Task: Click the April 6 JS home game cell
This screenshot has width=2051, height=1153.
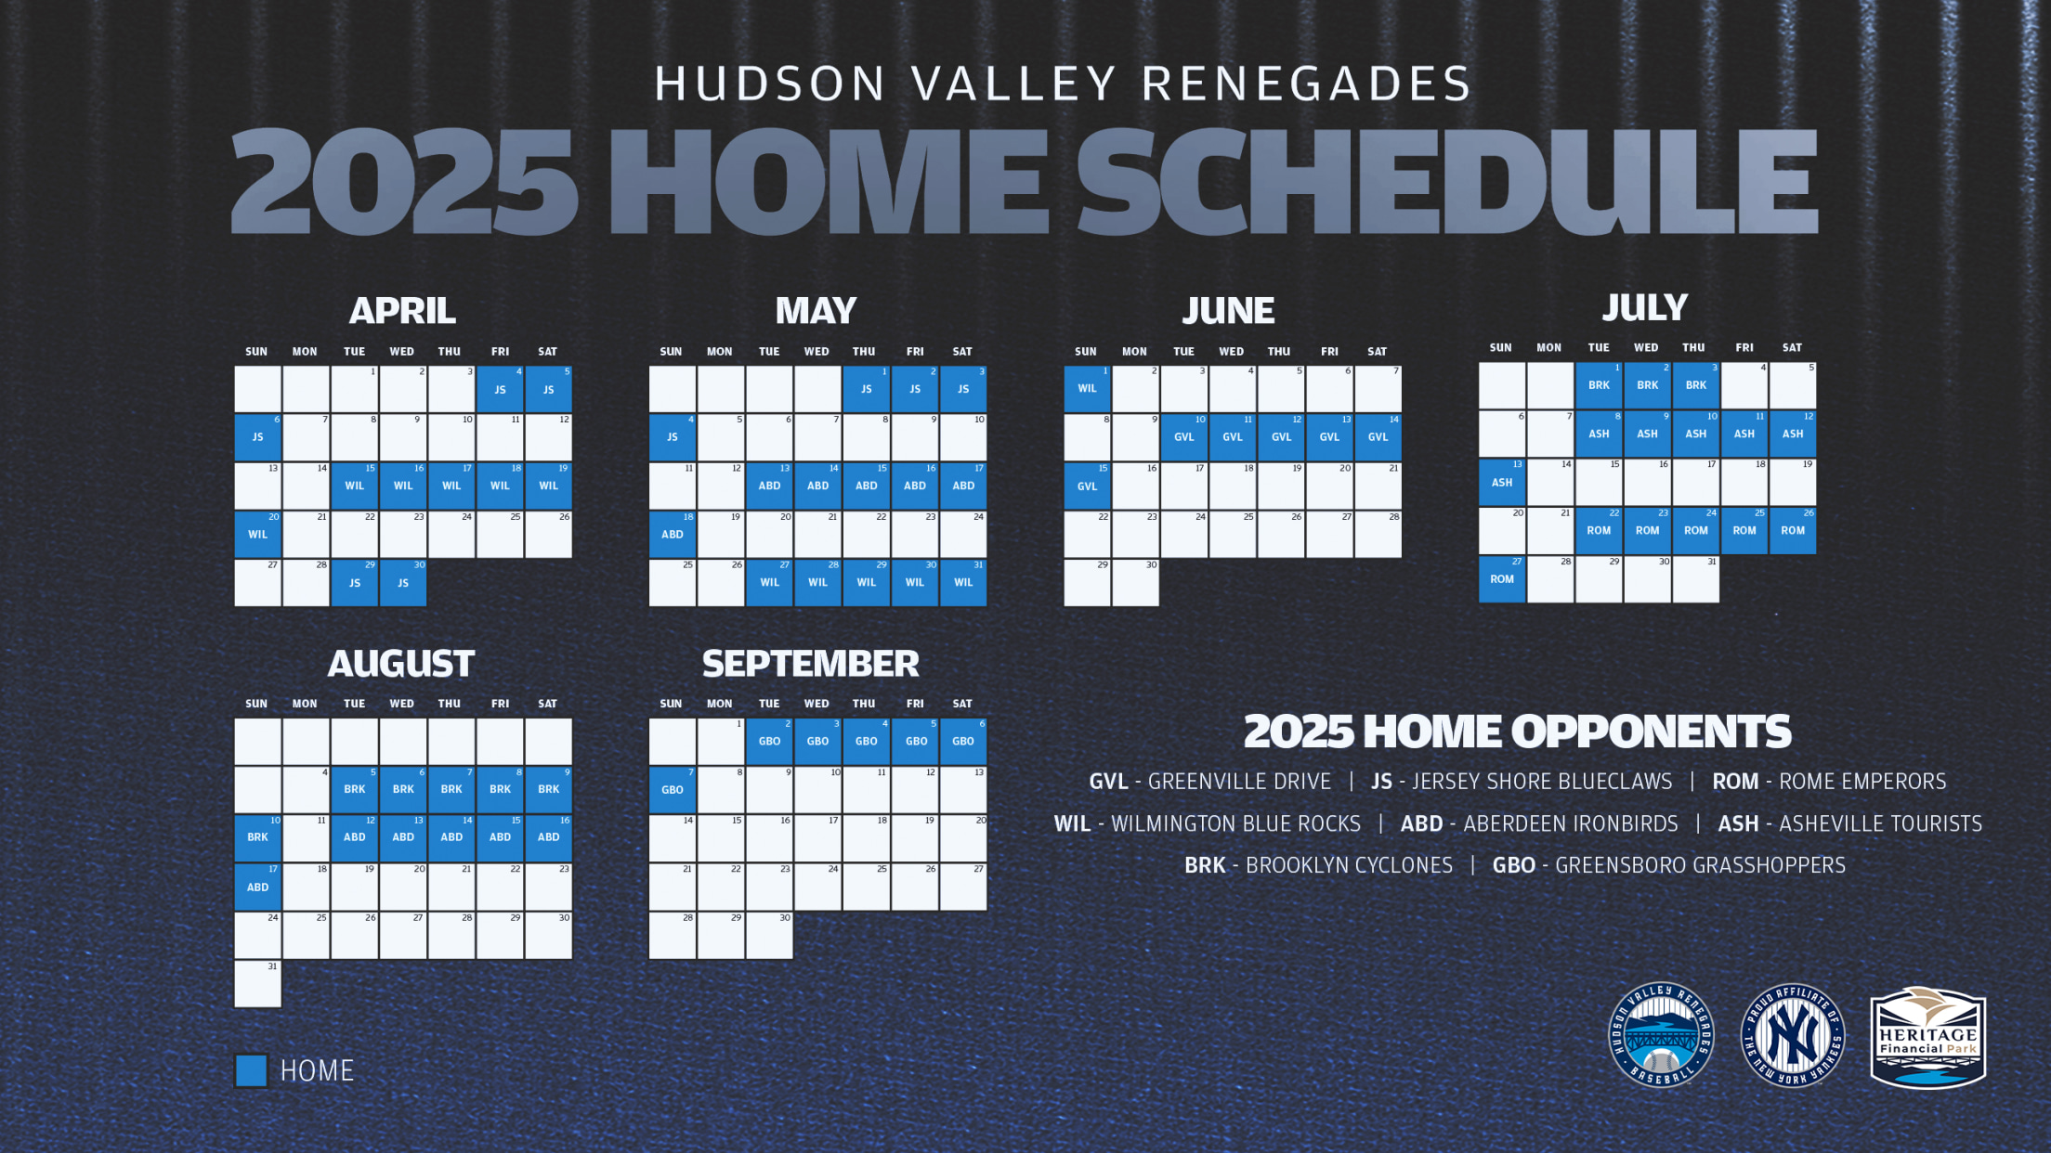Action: [x=257, y=437]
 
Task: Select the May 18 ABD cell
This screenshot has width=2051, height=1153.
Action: [x=673, y=535]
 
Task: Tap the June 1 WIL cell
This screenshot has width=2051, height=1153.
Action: [x=1087, y=389]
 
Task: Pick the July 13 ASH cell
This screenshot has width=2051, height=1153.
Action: [x=1502, y=483]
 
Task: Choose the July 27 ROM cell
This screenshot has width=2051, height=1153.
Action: [x=1502, y=579]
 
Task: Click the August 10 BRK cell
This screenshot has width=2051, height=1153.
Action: [x=257, y=837]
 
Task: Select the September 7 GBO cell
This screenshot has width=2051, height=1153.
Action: [x=673, y=790]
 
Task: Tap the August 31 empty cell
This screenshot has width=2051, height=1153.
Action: [x=257, y=984]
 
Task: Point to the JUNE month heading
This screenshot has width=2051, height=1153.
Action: [x=1228, y=311]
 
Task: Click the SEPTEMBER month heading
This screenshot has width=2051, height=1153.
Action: [x=811, y=664]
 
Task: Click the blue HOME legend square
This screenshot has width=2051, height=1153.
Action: [x=251, y=1070]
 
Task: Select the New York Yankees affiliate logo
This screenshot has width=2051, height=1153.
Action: [x=1793, y=1036]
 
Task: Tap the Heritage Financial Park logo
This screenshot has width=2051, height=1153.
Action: [x=1927, y=1037]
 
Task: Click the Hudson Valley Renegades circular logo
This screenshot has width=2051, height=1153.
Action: [x=1661, y=1035]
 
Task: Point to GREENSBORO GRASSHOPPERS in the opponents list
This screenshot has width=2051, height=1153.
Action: [x=1700, y=865]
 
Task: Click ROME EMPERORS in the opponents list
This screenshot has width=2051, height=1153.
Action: [x=1862, y=782]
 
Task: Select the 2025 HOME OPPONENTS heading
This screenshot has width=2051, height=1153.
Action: [x=1518, y=732]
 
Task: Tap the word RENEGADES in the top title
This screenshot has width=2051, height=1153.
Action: [x=1306, y=84]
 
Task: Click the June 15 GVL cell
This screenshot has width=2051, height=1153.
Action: [x=1087, y=486]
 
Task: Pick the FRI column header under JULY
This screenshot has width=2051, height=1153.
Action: [x=1744, y=348]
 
